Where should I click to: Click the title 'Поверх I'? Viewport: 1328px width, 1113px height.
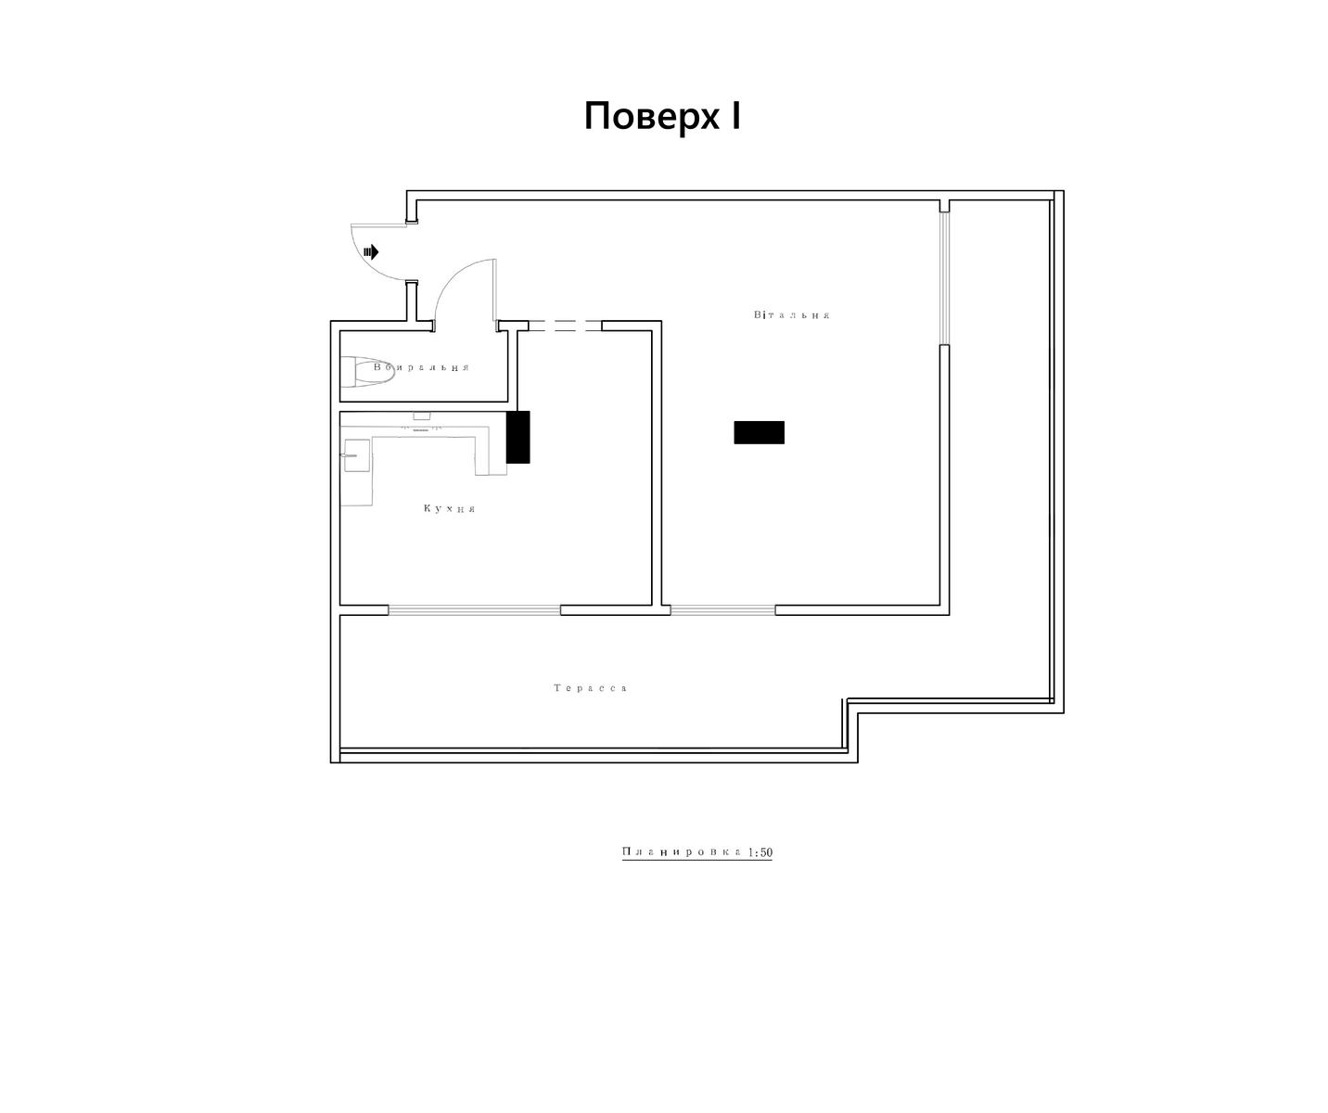(662, 117)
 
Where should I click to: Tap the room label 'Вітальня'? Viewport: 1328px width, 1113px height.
(791, 314)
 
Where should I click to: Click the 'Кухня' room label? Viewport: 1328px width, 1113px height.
(449, 508)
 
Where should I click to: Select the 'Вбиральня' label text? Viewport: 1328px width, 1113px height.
(421, 367)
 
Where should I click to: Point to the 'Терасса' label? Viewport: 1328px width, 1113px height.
(590, 687)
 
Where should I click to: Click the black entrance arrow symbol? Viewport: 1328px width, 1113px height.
(371, 252)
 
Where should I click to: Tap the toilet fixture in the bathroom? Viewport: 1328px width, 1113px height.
(367, 372)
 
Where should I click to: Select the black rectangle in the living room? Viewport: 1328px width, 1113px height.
(759, 432)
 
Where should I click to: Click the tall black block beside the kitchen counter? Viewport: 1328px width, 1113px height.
(517, 437)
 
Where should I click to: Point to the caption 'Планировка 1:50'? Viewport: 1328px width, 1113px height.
(697, 851)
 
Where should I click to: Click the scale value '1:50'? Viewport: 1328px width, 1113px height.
(760, 852)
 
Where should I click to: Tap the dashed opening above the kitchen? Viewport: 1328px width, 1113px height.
(565, 326)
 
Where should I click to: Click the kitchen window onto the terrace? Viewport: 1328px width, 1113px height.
(475, 610)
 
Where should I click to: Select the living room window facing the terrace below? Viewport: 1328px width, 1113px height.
(722, 610)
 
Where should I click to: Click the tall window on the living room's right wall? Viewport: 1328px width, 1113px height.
(945, 278)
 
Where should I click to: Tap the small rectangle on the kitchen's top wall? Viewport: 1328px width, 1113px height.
(422, 416)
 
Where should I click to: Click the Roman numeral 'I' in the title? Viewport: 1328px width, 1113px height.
(736, 116)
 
